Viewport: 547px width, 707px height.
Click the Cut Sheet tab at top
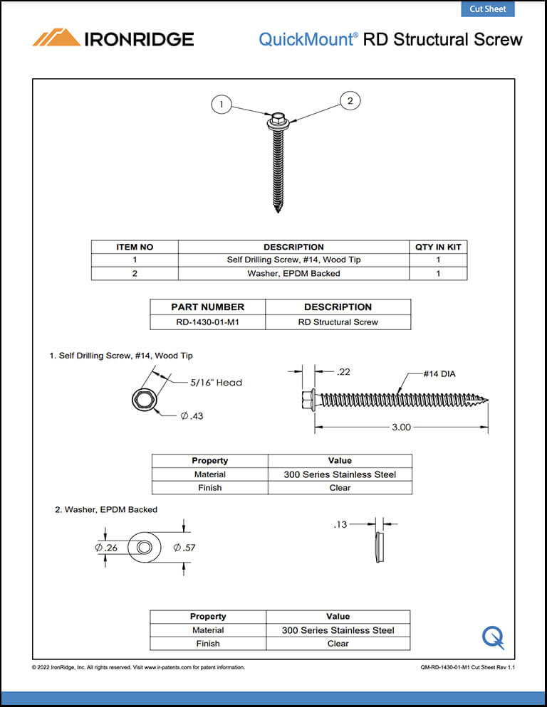click(487, 9)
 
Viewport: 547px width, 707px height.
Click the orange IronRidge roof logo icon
click(56, 38)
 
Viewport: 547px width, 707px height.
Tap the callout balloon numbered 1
click(222, 105)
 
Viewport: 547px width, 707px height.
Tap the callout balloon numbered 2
click(350, 101)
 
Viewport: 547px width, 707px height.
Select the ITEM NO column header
click(135, 247)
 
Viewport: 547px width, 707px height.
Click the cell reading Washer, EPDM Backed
click(293, 273)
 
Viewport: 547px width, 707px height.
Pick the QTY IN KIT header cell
click(438, 247)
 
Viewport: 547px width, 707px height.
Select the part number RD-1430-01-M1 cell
click(207, 321)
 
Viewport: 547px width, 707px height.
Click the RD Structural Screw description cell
click(338, 321)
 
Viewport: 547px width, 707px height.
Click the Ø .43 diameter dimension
click(192, 415)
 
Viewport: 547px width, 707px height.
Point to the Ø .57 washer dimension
click(184, 547)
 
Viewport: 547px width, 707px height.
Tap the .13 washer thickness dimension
click(341, 525)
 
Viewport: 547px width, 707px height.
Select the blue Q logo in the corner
click(493, 637)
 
